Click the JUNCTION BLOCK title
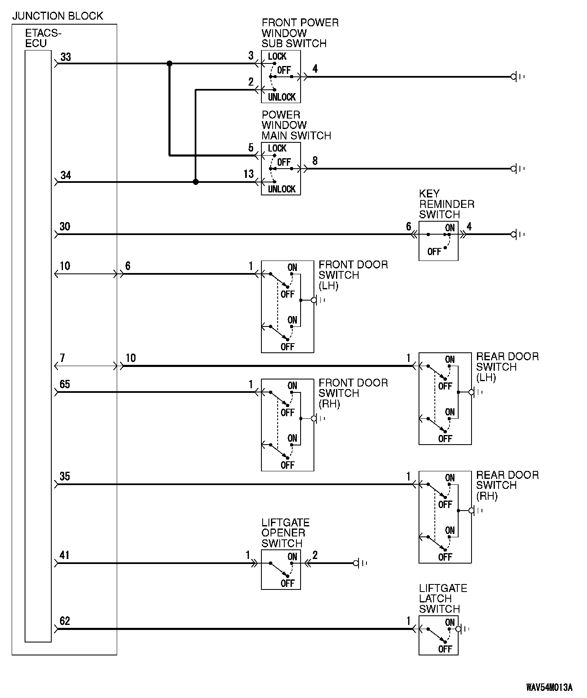(x=58, y=16)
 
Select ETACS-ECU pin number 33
(x=66, y=57)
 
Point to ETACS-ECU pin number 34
(x=66, y=175)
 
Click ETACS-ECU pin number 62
(x=65, y=621)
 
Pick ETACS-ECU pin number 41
(x=65, y=556)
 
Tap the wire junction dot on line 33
(x=169, y=63)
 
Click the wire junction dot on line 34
(x=196, y=182)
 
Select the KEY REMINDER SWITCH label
(x=447, y=204)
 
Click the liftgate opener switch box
(x=281, y=569)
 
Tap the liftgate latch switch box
(x=438, y=635)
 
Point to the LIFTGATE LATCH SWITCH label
(x=443, y=599)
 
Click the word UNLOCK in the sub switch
(x=282, y=97)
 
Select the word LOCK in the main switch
(x=277, y=149)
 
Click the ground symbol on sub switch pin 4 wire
(x=517, y=77)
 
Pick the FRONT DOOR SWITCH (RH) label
(x=353, y=394)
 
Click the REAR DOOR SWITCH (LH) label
(x=507, y=367)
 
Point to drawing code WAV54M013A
(x=549, y=687)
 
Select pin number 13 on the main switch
(x=248, y=174)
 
